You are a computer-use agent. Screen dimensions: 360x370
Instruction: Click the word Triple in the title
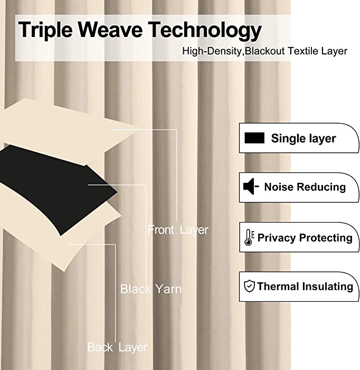(x=45, y=30)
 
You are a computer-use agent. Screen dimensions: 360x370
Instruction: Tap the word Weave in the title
(x=110, y=29)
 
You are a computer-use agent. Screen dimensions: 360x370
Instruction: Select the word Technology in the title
(x=205, y=30)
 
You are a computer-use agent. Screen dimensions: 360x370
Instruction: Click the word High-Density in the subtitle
(x=212, y=51)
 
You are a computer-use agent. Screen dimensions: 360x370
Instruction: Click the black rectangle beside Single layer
(x=254, y=138)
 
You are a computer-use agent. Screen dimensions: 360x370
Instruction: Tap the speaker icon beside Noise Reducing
(x=251, y=187)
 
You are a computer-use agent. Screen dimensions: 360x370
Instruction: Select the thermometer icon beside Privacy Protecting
(x=249, y=237)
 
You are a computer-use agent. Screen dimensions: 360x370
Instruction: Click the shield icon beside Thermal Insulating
(x=249, y=286)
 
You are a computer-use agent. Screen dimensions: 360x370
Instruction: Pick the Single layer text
(x=304, y=138)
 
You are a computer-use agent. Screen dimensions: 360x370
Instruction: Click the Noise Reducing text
(x=305, y=187)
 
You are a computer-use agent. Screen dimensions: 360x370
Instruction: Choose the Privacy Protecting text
(x=305, y=238)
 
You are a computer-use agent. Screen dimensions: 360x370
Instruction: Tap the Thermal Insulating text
(x=305, y=286)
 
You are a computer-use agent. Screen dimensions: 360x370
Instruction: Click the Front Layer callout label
(x=178, y=230)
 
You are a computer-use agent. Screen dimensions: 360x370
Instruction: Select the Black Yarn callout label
(x=151, y=289)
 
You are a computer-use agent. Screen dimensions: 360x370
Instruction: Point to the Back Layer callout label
(x=117, y=347)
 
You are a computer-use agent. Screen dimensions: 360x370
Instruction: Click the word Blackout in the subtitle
(x=265, y=51)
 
